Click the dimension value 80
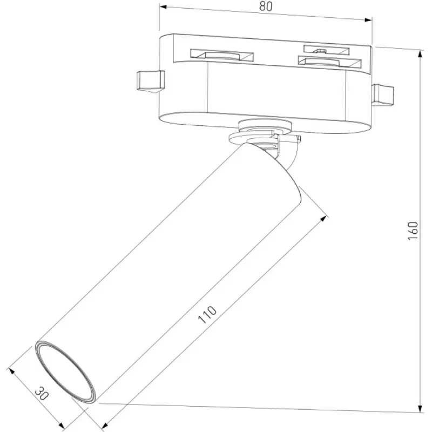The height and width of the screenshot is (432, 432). click(266, 6)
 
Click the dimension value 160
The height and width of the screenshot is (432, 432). click(413, 231)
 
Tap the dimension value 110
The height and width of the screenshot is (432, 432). click(207, 314)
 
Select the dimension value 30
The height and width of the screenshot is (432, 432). click(42, 394)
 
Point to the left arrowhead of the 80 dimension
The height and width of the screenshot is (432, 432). click(163, 7)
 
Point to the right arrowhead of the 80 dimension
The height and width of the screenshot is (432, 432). click(368, 19)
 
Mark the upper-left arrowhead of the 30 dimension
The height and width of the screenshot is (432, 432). click(11, 371)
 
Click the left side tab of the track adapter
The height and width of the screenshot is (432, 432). click(151, 82)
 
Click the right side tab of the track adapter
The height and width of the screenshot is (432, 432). click(382, 95)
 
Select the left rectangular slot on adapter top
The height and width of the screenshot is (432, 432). click(222, 55)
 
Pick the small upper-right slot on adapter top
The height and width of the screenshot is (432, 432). click(327, 50)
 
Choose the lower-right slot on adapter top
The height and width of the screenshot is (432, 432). click(329, 62)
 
